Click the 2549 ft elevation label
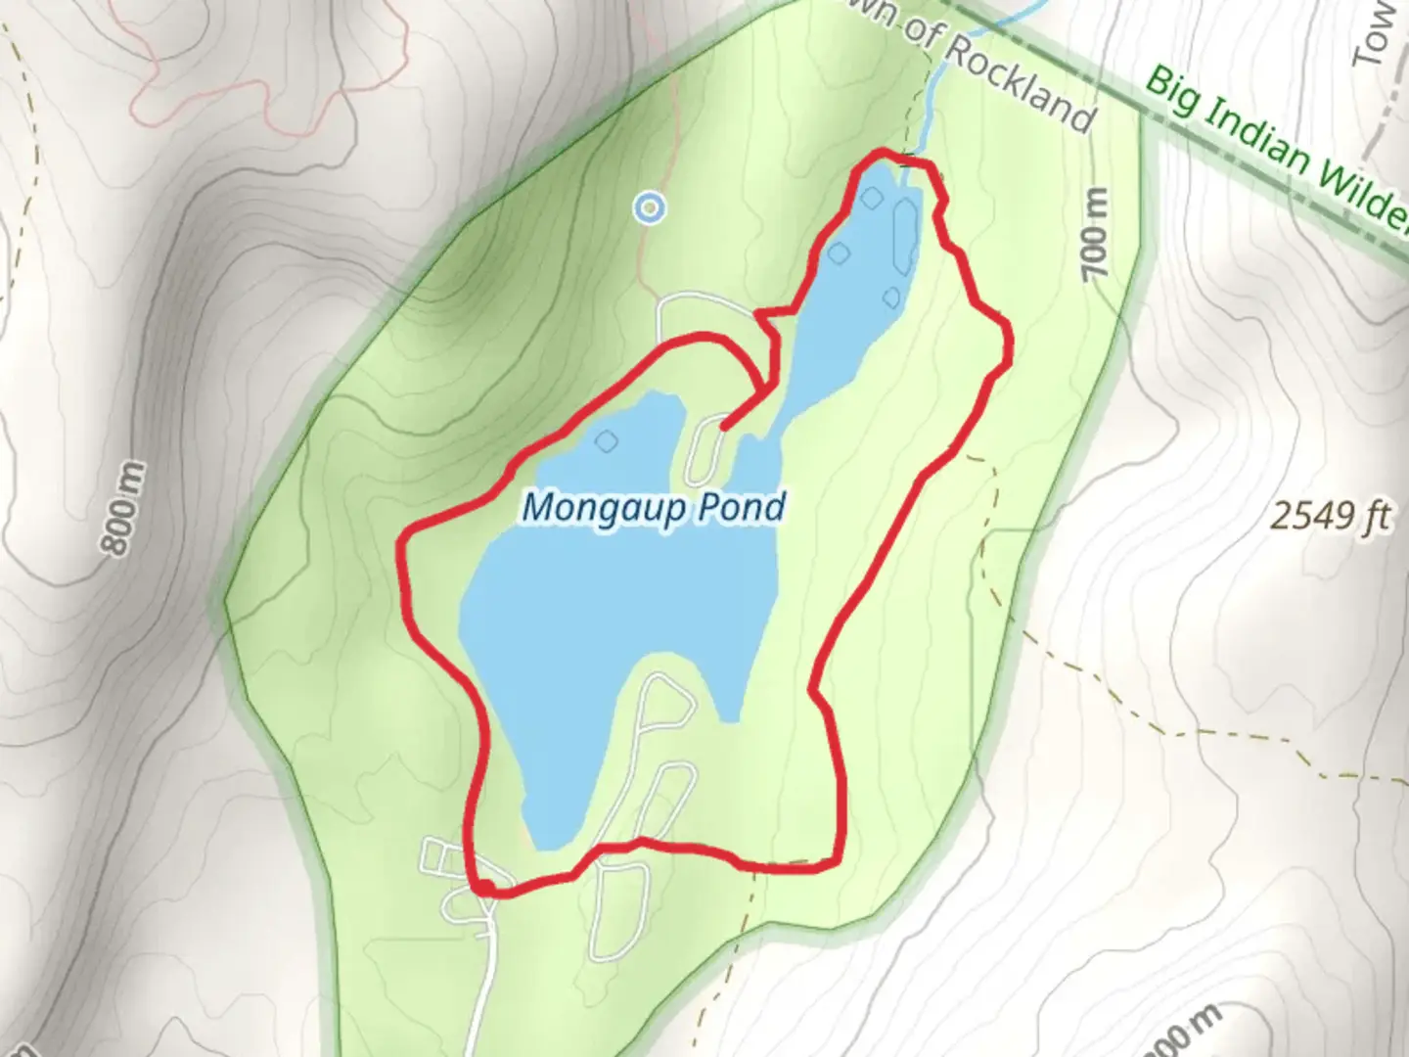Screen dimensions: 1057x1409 pos(1330,516)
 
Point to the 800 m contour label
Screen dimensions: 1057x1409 pos(125,510)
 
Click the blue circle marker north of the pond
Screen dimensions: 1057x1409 pos(648,207)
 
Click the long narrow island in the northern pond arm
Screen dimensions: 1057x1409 pos(904,236)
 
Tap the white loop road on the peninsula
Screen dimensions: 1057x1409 pos(704,451)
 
